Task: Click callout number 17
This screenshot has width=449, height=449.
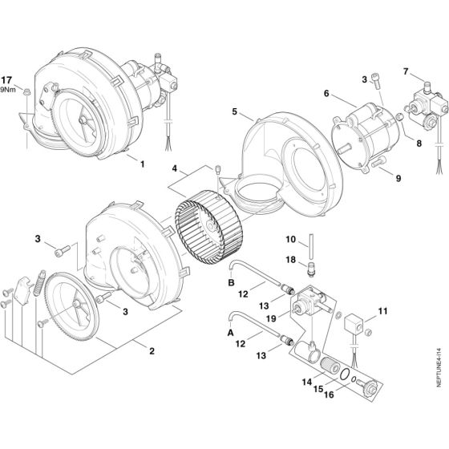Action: (x=28, y=80)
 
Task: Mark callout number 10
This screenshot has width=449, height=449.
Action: (x=290, y=239)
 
